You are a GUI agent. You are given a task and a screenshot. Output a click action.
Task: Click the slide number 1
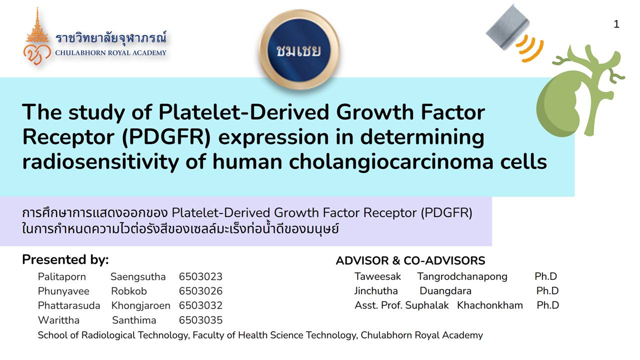(x=616, y=24)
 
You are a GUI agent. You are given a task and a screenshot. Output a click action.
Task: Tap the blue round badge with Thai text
(x=299, y=49)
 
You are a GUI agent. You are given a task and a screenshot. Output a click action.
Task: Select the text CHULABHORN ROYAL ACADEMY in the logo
(x=110, y=53)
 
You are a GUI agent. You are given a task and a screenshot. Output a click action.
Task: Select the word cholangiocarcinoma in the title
(x=391, y=162)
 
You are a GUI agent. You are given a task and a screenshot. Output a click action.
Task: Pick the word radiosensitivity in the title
(x=100, y=162)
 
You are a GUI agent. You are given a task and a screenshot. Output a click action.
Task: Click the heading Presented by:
(x=65, y=259)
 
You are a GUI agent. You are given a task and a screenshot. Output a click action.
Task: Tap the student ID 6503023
(x=200, y=276)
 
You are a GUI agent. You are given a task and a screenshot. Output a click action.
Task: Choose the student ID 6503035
(x=200, y=320)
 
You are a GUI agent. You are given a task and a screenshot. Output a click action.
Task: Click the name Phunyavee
(x=63, y=291)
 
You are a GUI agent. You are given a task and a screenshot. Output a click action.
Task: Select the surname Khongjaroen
(x=140, y=305)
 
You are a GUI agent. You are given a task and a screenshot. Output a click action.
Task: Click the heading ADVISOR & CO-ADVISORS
(x=410, y=260)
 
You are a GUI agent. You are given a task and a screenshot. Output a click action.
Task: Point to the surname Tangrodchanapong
(x=462, y=276)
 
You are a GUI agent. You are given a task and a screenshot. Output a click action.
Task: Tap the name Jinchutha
(x=376, y=291)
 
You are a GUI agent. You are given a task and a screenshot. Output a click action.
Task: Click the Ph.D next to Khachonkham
(x=547, y=305)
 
